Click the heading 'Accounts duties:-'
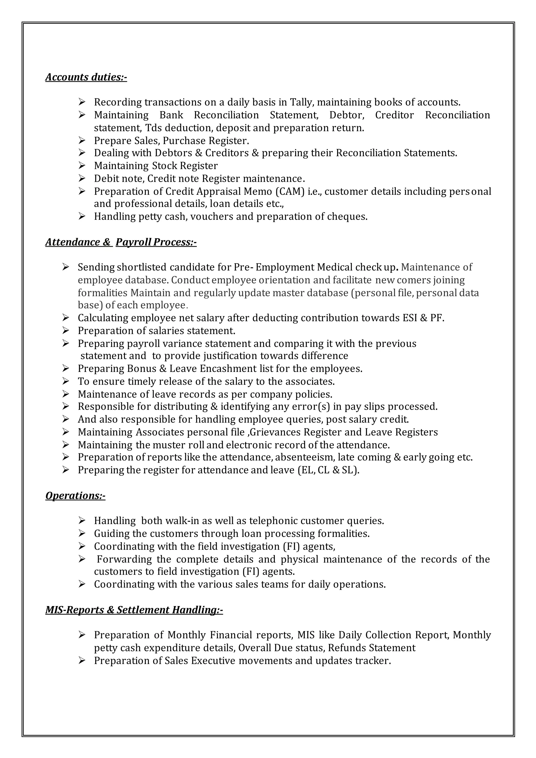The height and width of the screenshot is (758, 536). point(86,77)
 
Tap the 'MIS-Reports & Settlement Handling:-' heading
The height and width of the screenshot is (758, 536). point(134,609)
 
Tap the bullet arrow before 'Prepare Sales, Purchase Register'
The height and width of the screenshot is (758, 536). point(82,140)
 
